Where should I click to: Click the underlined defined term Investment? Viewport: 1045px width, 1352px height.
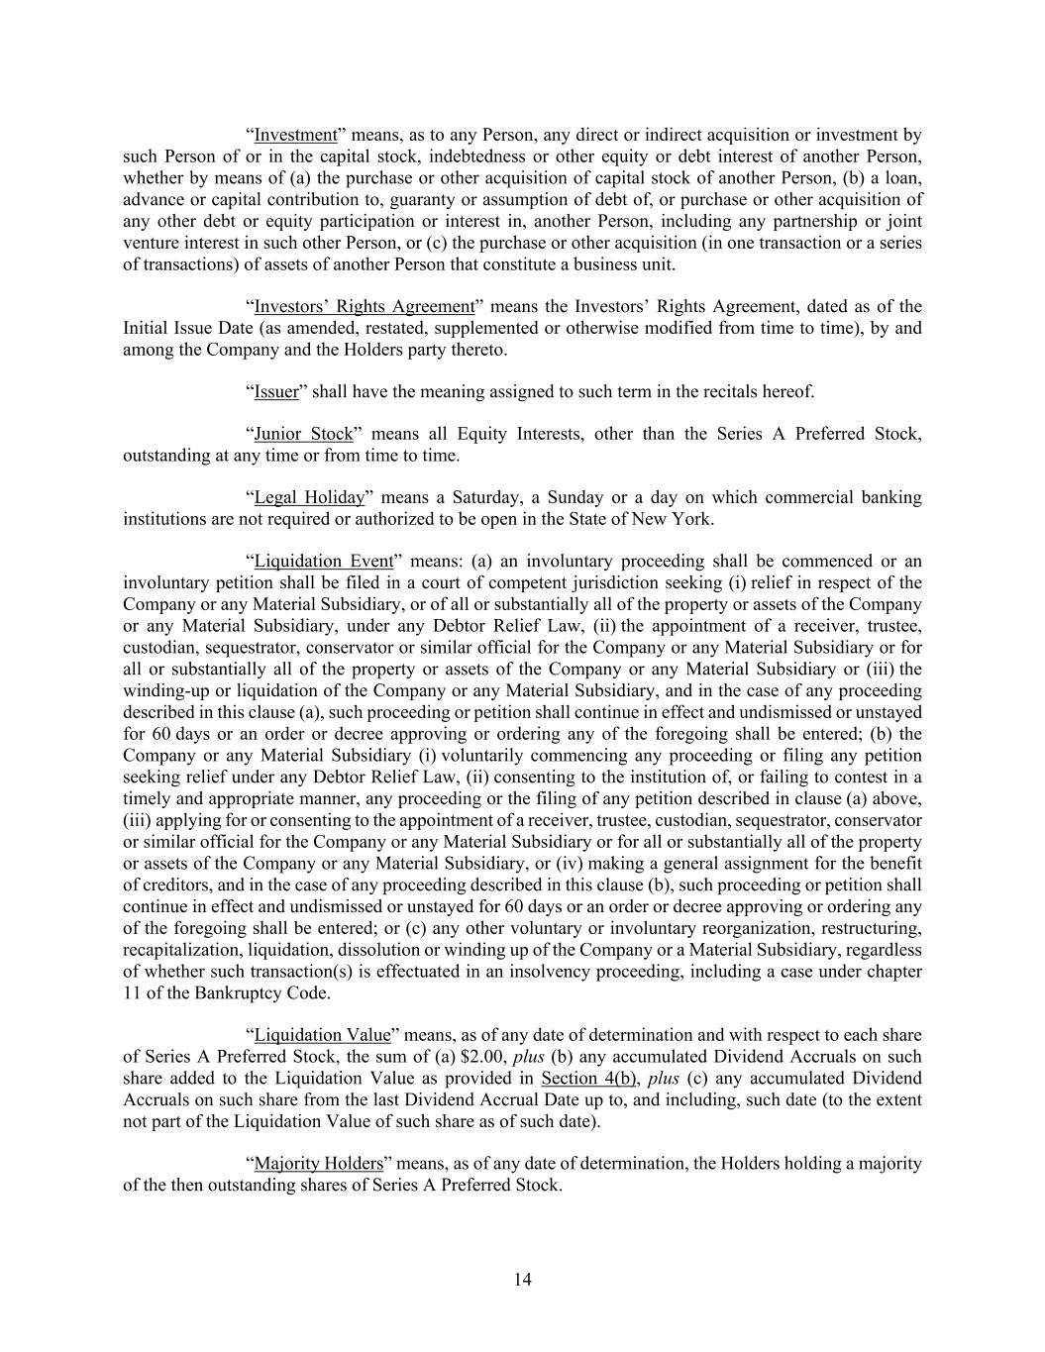295,136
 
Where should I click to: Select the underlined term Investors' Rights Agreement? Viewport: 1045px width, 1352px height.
365,307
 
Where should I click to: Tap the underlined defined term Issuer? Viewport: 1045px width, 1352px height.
276,392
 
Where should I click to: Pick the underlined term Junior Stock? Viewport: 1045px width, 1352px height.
303,435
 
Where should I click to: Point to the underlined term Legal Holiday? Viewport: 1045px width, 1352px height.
309,498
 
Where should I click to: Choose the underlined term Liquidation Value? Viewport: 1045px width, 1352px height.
322,1036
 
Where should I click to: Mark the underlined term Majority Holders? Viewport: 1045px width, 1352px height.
318,1164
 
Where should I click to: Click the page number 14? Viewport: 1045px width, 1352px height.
523,1280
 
